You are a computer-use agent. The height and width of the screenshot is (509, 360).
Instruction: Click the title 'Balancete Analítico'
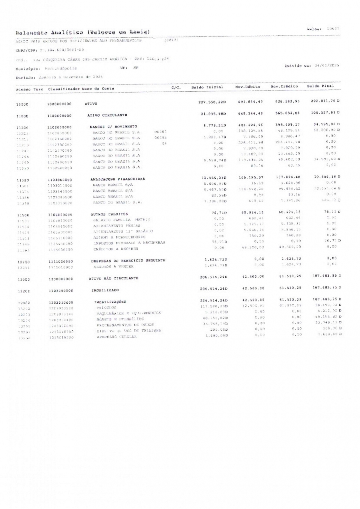click(x=49, y=32)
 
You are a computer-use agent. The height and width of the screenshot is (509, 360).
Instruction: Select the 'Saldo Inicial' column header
click(x=207, y=87)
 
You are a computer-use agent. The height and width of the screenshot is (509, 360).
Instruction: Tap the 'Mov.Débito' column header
click(x=247, y=87)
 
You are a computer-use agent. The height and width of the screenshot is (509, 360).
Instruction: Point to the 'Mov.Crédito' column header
click(x=284, y=86)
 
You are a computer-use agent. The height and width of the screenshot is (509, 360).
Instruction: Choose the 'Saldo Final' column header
click(x=320, y=86)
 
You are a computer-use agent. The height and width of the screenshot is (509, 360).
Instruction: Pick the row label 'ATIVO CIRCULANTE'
click(x=107, y=115)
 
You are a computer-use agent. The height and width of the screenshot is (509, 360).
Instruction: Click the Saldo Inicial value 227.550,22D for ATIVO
click(x=212, y=102)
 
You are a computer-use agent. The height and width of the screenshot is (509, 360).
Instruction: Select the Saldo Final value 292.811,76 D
click(x=325, y=101)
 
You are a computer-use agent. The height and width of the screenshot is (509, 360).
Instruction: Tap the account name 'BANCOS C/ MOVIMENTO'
click(x=113, y=127)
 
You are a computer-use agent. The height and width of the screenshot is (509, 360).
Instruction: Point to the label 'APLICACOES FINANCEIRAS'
click(x=118, y=179)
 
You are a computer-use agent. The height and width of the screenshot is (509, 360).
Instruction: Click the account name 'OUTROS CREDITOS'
click(x=109, y=214)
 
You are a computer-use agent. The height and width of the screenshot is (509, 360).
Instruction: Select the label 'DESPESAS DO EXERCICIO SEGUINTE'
click(x=128, y=260)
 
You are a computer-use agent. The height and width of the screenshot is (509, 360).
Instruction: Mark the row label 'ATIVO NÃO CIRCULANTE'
click(x=114, y=278)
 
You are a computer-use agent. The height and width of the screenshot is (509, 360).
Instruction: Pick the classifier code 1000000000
click(x=59, y=104)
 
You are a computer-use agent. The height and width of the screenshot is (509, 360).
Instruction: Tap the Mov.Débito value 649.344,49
click(x=250, y=113)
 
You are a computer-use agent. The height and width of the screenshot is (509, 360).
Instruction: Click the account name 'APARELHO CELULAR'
click(x=116, y=337)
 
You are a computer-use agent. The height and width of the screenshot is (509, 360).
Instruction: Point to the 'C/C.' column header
click(x=176, y=88)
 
